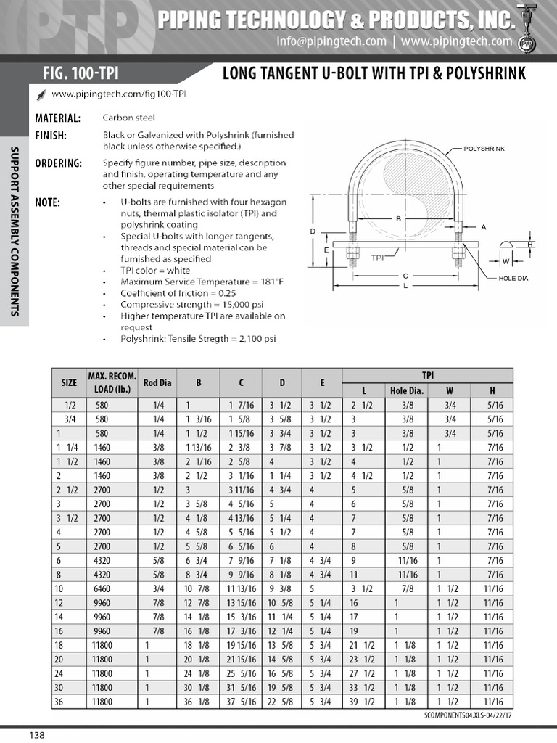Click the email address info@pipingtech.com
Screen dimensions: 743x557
coord(331,41)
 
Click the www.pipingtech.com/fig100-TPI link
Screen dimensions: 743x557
coord(114,94)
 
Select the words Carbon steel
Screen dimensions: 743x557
coord(128,118)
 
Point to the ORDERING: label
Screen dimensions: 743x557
coord(59,163)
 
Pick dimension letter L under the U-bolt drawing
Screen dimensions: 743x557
coord(405,286)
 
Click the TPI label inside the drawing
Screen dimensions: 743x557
coord(377,257)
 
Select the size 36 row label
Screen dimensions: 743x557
coord(59,702)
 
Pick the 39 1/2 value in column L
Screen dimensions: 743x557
coord(362,702)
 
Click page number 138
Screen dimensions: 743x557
coord(37,735)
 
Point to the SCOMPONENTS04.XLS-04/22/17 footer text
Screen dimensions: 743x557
coord(467,715)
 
